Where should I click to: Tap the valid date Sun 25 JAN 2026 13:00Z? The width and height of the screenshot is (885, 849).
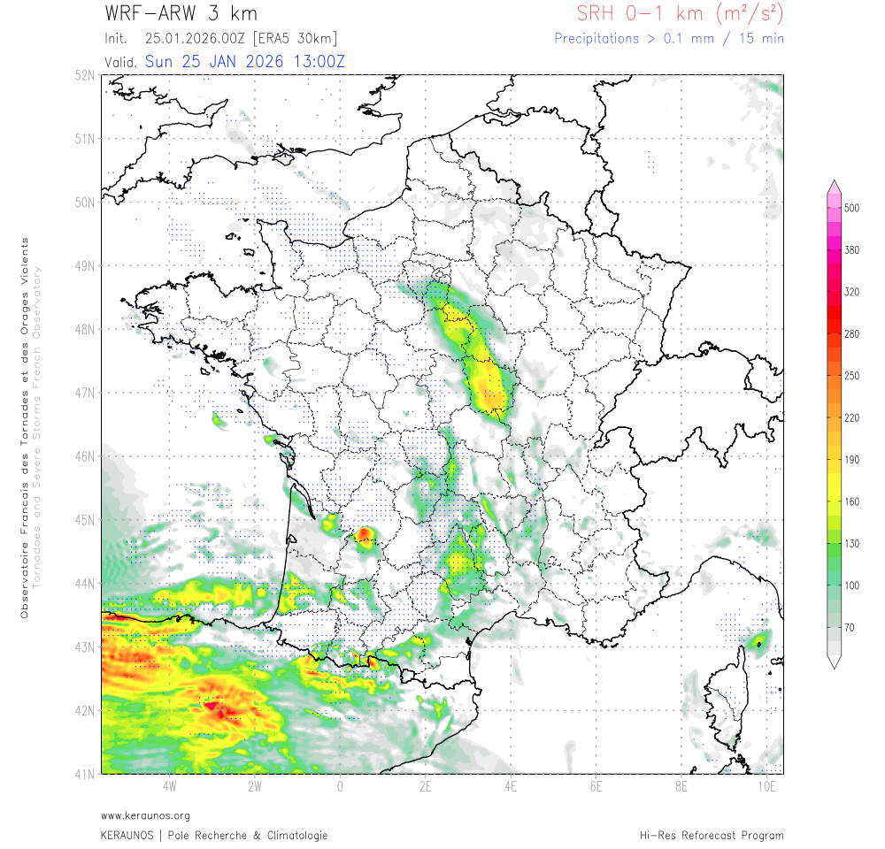pos(244,62)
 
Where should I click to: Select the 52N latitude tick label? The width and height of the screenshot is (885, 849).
pos(85,75)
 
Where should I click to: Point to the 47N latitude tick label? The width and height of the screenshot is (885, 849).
pos(85,393)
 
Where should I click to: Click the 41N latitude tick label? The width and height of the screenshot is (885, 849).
pos(85,775)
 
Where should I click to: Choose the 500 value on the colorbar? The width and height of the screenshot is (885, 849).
pos(851,208)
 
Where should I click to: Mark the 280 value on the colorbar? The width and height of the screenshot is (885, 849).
pos(851,333)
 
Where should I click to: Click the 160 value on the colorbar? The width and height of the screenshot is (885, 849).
pos(851,501)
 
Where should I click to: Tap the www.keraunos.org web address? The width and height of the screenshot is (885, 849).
pos(145,815)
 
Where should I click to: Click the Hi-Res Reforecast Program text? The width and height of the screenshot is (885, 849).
pos(712,835)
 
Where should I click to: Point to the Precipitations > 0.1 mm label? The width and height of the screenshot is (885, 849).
pos(668,39)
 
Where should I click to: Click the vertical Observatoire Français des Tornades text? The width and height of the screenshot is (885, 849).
pos(25,427)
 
